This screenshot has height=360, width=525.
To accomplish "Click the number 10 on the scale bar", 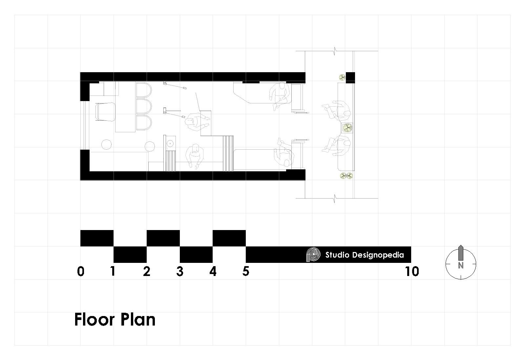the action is pos(412,271).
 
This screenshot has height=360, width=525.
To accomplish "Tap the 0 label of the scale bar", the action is pos(81,271).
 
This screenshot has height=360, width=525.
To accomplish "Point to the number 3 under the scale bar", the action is pos(180,271).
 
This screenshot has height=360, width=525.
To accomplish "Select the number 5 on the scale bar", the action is pos(246,271).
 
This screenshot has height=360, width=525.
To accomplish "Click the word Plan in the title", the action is pos(138,320).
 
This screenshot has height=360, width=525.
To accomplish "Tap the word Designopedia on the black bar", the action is pos(378,255).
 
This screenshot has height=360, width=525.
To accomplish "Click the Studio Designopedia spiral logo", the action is pos(313,255).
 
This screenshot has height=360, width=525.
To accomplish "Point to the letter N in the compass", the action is pos(461,265).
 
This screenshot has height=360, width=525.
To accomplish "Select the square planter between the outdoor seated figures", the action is pos(347,128).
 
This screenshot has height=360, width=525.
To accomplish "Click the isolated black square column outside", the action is pos(350,77).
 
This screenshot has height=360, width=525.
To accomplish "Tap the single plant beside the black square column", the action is pos(342,77).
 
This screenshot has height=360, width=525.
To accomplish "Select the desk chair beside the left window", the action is pos(105,112).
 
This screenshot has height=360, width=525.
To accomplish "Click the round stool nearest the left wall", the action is pos(106,144).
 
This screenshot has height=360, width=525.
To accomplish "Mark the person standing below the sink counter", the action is pos(195,156).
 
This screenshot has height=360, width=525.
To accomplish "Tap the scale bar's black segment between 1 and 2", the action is pos(130,254).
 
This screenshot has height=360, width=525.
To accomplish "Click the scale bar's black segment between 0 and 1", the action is pos(97,238).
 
